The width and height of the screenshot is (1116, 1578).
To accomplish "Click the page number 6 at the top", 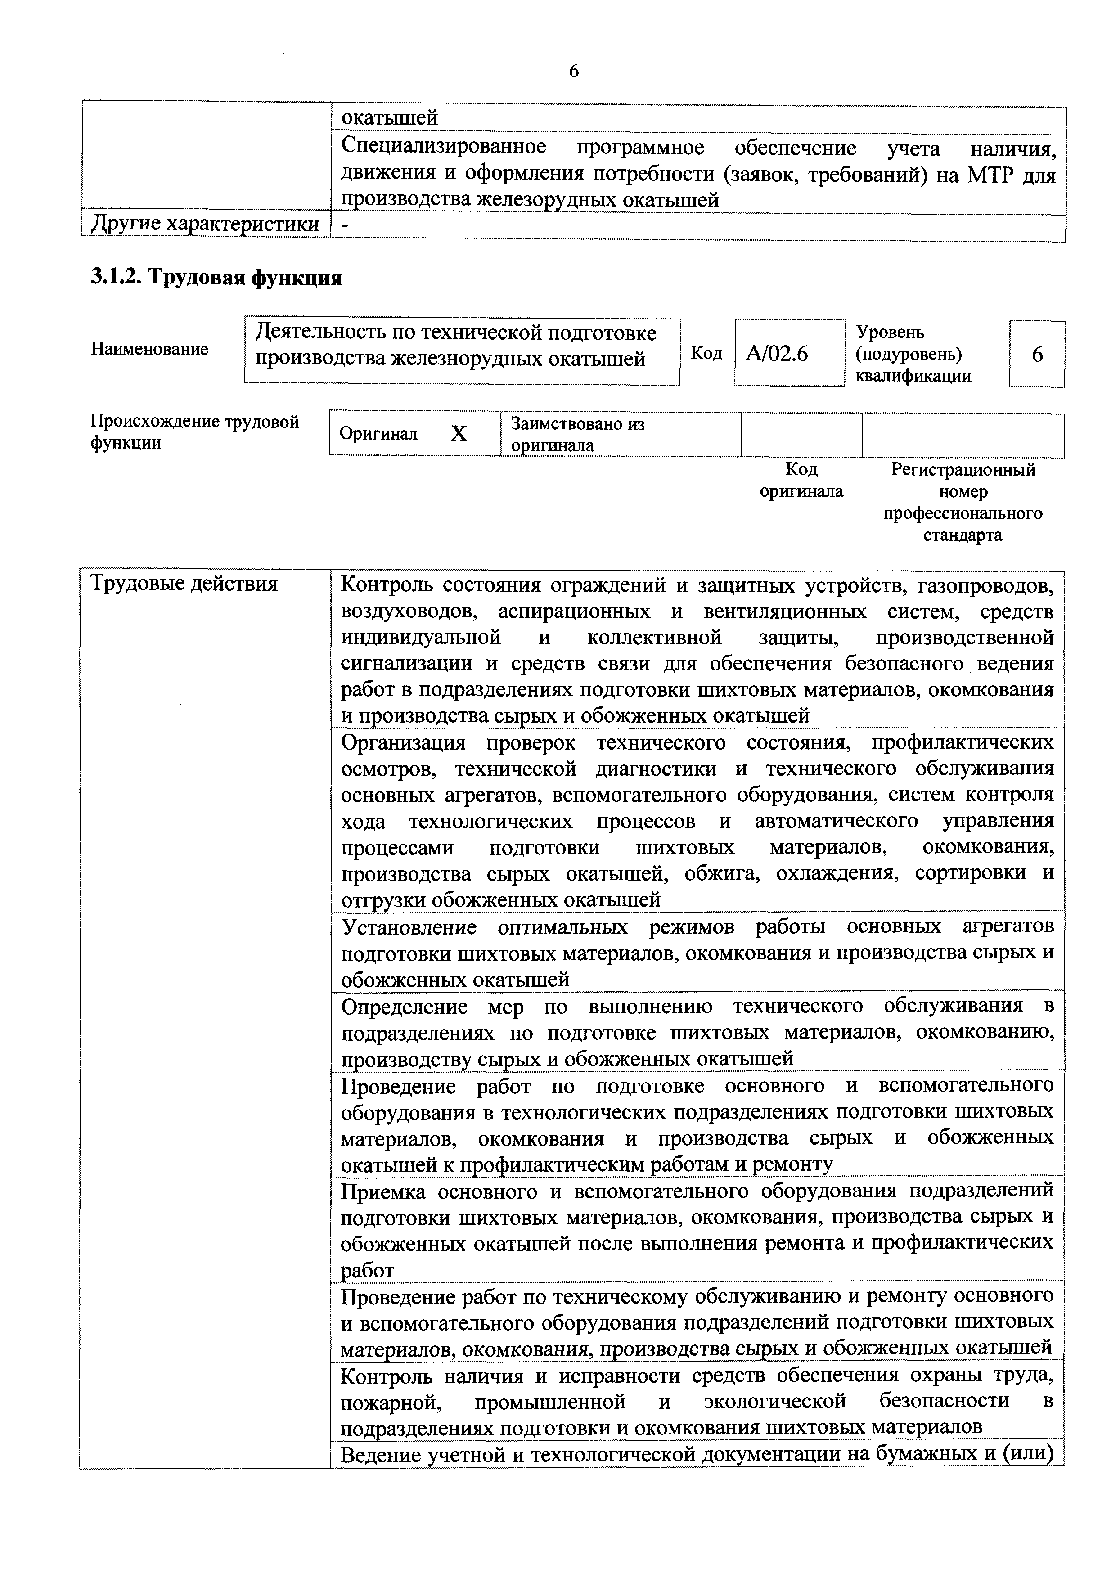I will point(574,72).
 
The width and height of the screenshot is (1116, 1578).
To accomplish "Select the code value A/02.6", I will point(777,353).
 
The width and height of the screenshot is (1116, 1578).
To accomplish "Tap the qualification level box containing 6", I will point(1037,354).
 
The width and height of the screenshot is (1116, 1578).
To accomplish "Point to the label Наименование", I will point(150,349).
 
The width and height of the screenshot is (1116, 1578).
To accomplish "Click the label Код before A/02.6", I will point(706,353).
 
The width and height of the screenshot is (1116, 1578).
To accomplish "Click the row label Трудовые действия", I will point(184,584).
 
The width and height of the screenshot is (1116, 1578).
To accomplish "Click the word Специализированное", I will point(444,147).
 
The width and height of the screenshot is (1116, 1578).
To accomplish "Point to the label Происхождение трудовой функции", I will point(195,432).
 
